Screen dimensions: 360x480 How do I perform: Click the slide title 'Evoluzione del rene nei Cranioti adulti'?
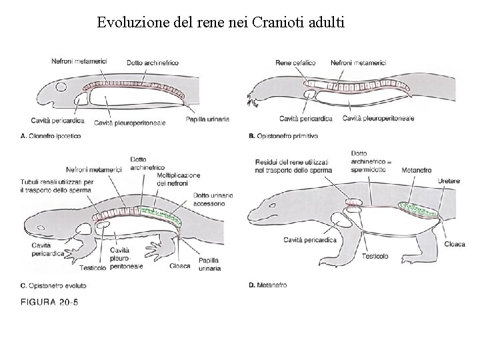(x=221, y=23)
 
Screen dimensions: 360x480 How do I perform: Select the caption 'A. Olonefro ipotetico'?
(x=51, y=135)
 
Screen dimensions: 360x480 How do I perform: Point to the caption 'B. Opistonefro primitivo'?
(x=283, y=135)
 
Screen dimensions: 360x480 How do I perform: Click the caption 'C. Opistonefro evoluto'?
(x=53, y=285)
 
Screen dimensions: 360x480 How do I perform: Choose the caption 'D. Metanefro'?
(x=267, y=285)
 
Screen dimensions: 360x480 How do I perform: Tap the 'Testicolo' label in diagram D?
(x=376, y=255)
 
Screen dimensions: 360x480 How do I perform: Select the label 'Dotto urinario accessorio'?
(x=213, y=199)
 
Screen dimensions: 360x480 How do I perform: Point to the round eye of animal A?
(x=61, y=87)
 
